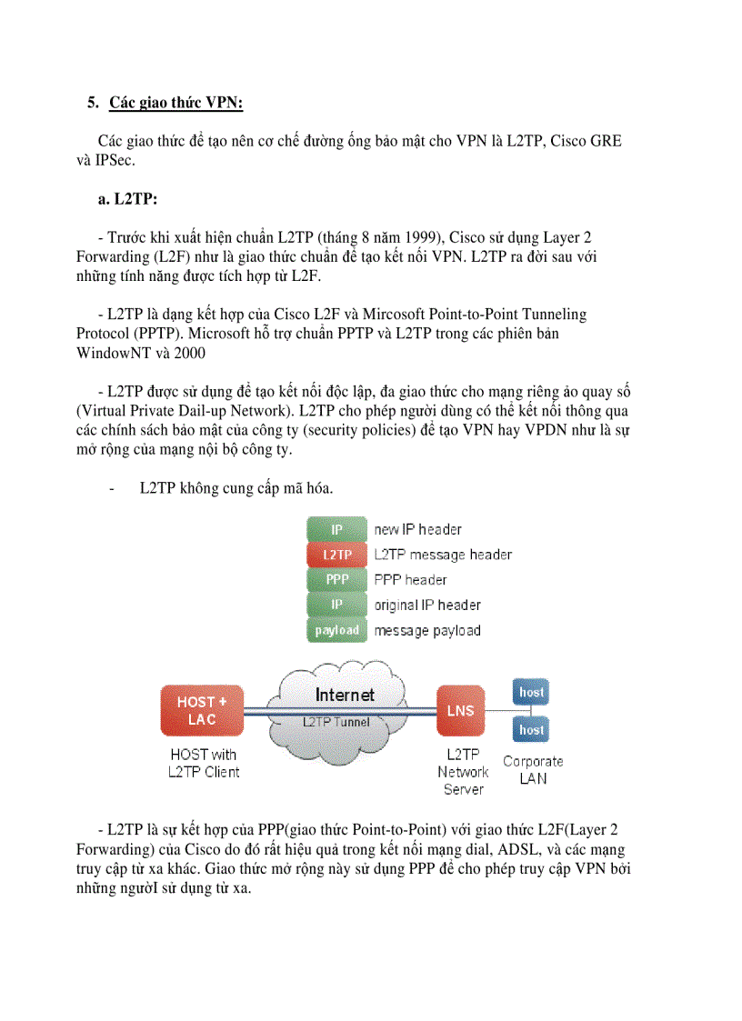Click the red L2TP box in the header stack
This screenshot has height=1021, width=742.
[x=336, y=555]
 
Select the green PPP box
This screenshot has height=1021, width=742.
[x=336, y=579]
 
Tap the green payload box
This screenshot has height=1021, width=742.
[x=336, y=630]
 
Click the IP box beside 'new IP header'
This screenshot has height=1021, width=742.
[x=336, y=529]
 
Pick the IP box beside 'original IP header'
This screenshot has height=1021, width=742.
[x=336, y=605]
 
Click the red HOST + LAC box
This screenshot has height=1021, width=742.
[x=202, y=710]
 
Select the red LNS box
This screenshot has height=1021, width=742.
[x=461, y=710]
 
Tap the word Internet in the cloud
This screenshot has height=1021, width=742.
[x=345, y=696]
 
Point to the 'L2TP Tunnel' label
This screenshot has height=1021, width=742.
[x=336, y=722]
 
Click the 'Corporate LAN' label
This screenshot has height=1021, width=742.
[x=533, y=769]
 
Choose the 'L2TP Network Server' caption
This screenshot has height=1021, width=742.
[x=464, y=772]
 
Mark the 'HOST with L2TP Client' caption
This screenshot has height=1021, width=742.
[x=204, y=763]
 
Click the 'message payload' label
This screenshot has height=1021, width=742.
[x=427, y=630]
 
